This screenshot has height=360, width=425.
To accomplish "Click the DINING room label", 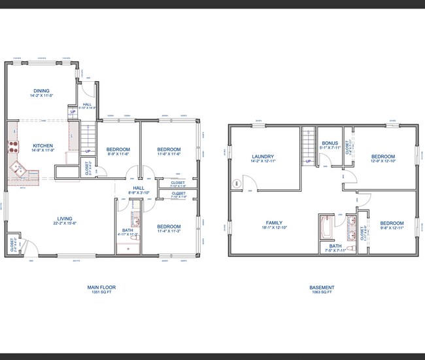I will pyautogui.click(x=42, y=91).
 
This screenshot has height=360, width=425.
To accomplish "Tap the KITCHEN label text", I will pyautogui.click(x=42, y=146).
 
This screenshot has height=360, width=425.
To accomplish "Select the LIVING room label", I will pyautogui.click(x=64, y=219).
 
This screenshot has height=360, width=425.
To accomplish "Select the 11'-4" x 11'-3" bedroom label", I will pyautogui.click(x=169, y=226).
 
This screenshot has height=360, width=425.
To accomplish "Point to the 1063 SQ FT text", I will pyautogui.click(x=322, y=293).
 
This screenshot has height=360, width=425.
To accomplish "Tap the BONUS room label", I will pyautogui.click(x=329, y=144).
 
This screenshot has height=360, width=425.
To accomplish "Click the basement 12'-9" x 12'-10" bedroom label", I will pyautogui.click(x=382, y=157).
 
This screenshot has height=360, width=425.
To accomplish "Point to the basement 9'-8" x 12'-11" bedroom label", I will pyautogui.click(x=392, y=223).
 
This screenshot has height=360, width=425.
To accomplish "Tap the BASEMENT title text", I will pyautogui.click(x=322, y=287).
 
